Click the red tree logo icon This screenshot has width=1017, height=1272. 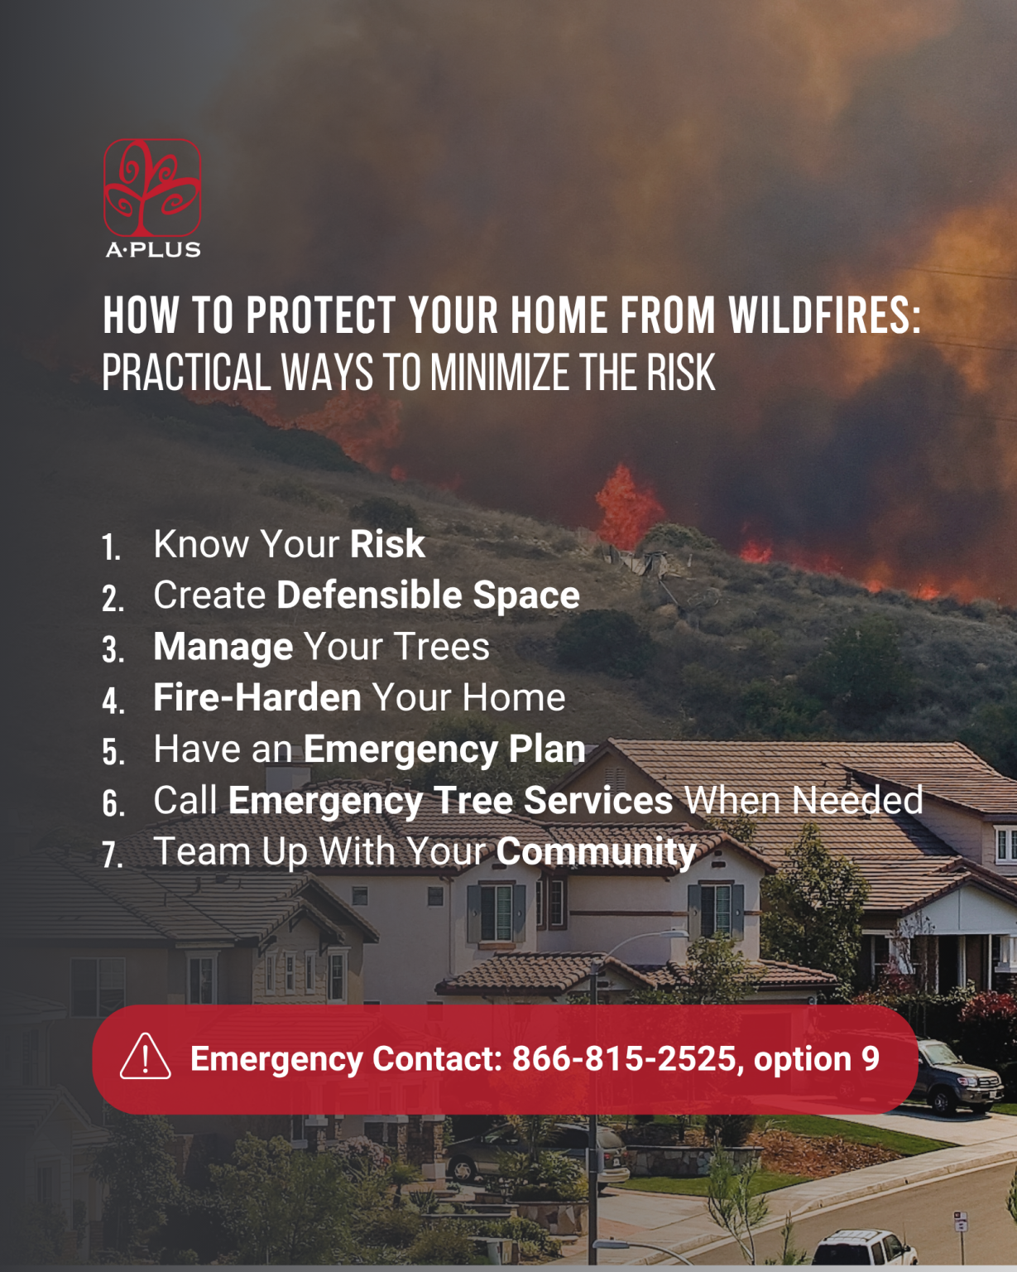(152, 187)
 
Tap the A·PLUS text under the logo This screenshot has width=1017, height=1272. (153, 249)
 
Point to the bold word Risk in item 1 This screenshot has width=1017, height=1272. (387, 544)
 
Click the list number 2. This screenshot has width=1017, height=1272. (113, 599)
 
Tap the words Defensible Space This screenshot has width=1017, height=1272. (428, 595)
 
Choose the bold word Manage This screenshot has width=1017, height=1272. (223, 647)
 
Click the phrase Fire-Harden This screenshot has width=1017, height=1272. (257, 698)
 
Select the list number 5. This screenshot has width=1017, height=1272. (113, 753)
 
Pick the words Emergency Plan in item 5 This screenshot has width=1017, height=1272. (444, 749)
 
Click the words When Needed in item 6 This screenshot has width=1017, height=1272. (803, 801)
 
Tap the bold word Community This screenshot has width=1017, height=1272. (597, 852)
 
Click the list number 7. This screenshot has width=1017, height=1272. (113, 855)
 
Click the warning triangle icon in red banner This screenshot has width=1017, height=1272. (146, 1058)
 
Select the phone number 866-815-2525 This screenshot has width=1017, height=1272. (625, 1059)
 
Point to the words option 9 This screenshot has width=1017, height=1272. (816, 1059)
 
